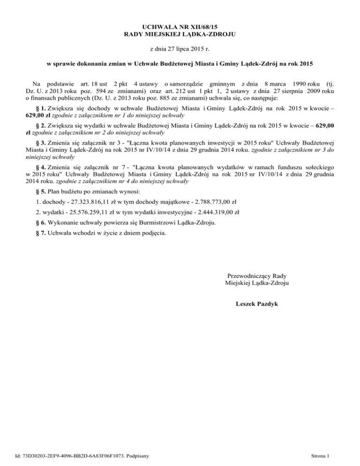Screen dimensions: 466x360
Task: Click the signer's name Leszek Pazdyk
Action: [x=257, y=304]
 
